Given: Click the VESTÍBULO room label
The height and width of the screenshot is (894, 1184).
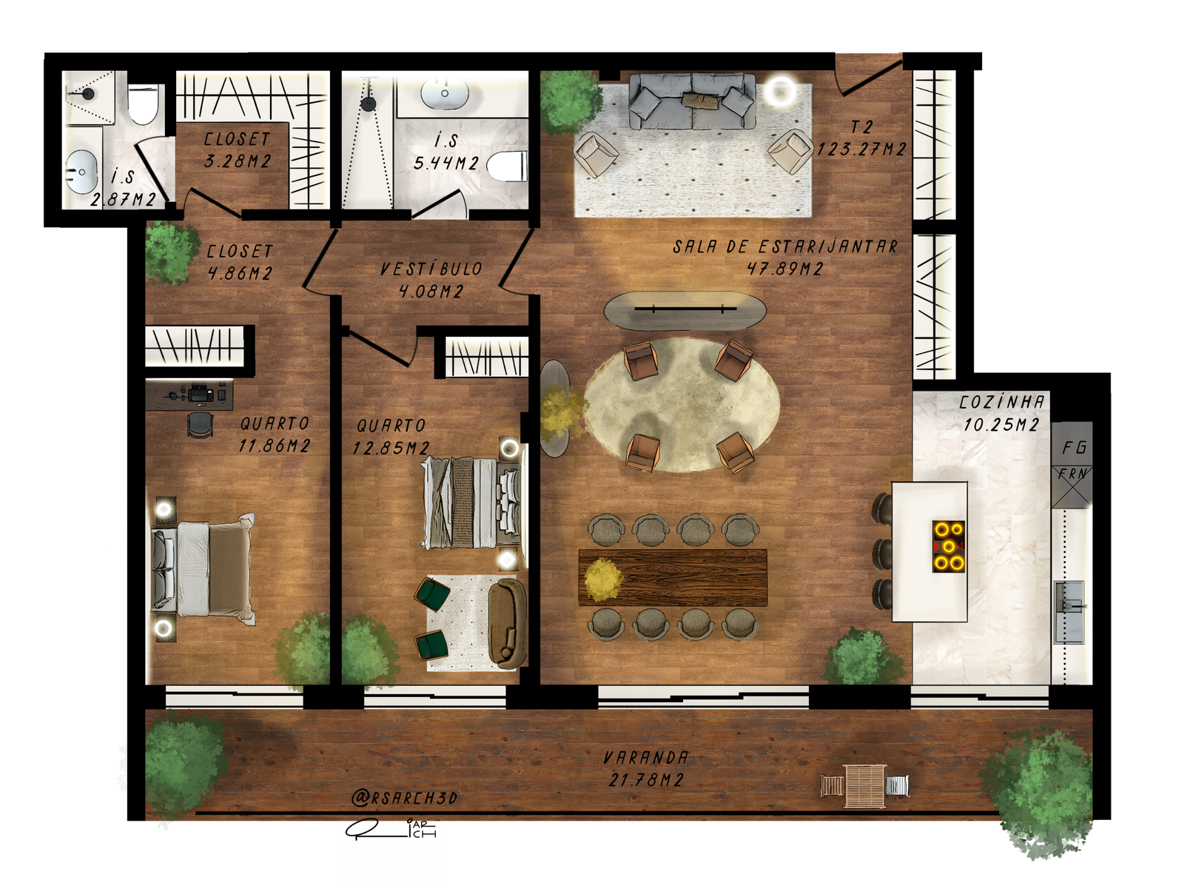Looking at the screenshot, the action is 431,269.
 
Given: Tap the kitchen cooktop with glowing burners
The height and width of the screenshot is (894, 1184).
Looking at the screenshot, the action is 948,546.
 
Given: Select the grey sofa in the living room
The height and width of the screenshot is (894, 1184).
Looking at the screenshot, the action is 692,101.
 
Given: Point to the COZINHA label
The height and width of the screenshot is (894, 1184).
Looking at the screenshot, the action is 1002,403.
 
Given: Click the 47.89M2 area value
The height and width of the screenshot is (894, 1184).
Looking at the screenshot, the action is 785,269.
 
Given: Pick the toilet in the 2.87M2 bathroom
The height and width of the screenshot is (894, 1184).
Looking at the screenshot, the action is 142,104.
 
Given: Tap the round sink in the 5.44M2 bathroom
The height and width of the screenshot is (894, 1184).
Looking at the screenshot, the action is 445,93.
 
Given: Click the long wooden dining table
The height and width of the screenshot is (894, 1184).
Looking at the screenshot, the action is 673,577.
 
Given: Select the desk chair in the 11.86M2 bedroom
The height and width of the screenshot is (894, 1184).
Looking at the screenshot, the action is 200,424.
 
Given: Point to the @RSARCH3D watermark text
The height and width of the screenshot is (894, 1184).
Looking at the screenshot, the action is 404,798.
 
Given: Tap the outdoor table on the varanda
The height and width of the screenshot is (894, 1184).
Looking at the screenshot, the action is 865,786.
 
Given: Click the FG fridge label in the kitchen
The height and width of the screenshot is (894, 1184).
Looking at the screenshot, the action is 1074,448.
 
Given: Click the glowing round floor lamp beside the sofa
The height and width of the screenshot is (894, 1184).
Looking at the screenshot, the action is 779,90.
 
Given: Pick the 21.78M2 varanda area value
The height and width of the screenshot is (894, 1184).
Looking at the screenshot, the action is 646,780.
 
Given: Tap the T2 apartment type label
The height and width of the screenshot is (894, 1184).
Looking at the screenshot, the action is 861,127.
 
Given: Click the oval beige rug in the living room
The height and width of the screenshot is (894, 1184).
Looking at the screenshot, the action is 682,405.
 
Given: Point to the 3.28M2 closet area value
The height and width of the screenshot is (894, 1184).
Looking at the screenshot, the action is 238,161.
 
